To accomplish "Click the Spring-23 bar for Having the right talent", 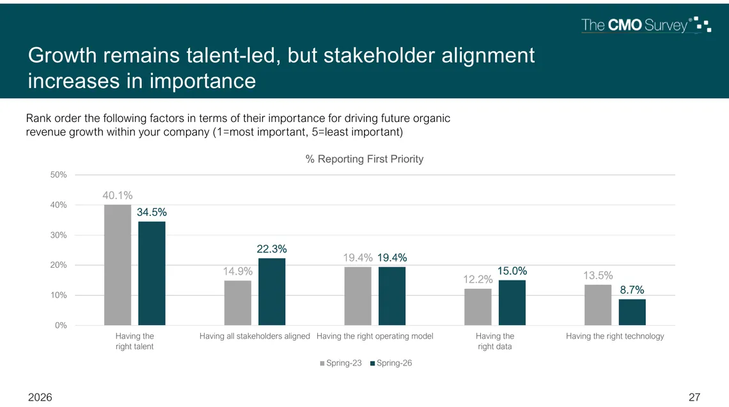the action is (118, 265).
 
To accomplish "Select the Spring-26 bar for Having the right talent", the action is (152, 273).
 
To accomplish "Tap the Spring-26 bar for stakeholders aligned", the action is (272, 292).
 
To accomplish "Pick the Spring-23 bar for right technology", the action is (598, 305).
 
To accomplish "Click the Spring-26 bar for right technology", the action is (632, 312).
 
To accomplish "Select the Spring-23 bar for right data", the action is (478, 307).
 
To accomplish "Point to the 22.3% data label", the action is (272, 249).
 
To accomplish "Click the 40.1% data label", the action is (118, 196).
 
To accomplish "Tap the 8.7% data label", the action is (632, 290).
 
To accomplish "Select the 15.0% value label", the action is (512, 271).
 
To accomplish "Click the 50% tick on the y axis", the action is (59, 174).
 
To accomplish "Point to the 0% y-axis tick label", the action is (61, 325).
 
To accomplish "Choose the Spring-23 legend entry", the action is (341, 364).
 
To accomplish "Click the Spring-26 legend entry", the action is (391, 364).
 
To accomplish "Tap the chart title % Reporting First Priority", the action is (364, 159).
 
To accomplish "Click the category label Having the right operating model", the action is (375, 336).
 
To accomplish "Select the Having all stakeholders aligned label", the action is (255, 336).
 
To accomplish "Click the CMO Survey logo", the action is (647, 25).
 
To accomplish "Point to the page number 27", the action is (694, 397).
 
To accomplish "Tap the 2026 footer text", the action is (40, 397).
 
